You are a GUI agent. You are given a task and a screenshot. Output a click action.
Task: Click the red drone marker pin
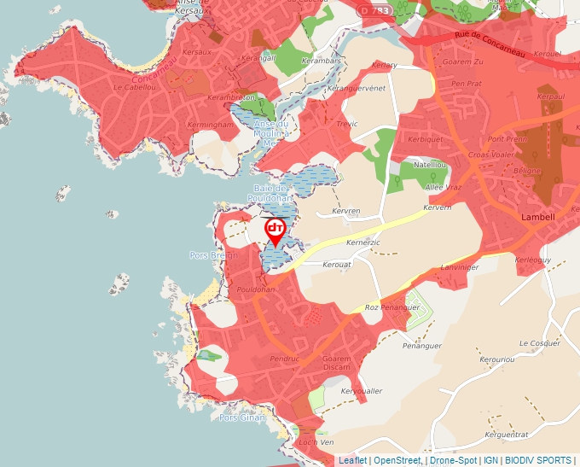point(275,231)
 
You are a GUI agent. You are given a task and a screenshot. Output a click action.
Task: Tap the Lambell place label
point(537,217)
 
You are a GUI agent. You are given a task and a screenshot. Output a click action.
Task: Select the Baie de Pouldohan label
point(271,193)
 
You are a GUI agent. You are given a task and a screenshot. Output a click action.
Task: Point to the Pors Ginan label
point(242,417)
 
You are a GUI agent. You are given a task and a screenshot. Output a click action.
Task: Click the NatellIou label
point(430,164)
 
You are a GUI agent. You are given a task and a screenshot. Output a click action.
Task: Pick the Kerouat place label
point(337,266)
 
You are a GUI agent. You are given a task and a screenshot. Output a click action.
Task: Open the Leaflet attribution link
point(352,460)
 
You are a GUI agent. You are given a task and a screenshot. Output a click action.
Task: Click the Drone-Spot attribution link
point(454,460)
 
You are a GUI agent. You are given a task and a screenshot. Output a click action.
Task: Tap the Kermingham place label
point(210,125)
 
